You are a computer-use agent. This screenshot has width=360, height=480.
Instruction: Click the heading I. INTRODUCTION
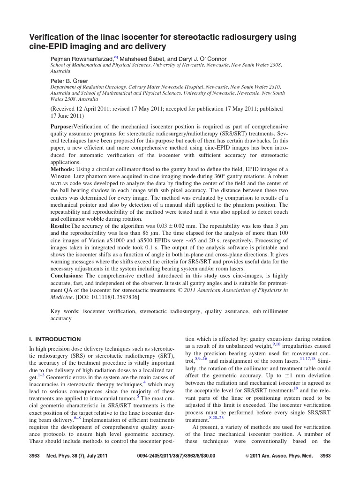point(55,339)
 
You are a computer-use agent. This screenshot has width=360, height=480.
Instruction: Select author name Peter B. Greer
point(69,81)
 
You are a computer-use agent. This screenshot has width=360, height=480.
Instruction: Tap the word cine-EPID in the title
point(49,46)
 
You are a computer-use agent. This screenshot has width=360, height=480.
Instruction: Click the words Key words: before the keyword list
point(64,311)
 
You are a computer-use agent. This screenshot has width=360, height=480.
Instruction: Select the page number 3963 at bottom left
point(35,456)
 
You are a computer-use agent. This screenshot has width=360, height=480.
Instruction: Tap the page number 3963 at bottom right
point(325,456)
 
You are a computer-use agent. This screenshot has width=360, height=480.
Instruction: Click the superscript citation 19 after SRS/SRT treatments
point(296,389)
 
